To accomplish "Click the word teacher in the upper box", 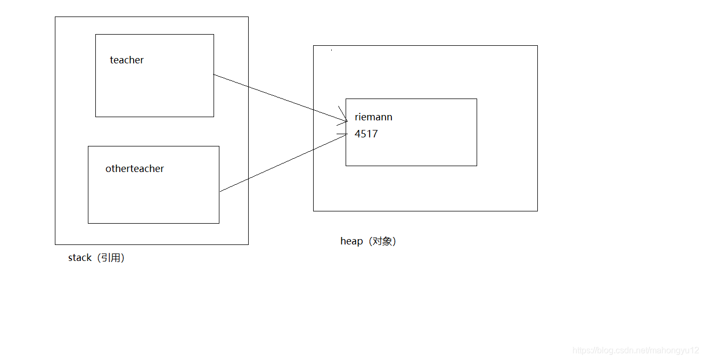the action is click(127, 60).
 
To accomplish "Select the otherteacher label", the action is click(135, 169).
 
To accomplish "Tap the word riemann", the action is click(373, 117).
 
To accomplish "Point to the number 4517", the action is click(366, 134).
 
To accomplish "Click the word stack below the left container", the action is click(80, 258).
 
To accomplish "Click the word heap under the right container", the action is click(351, 241).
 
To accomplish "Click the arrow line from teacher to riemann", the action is click(277, 97).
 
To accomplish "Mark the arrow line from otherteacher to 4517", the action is click(282, 163).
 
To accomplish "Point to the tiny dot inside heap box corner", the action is click(331, 50).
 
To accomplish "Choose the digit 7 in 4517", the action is click(375, 134).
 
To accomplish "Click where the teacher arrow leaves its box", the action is click(214, 75).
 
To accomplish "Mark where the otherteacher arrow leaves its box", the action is click(219, 191).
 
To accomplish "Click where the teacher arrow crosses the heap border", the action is click(314, 110).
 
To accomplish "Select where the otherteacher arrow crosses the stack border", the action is click(248, 178).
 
